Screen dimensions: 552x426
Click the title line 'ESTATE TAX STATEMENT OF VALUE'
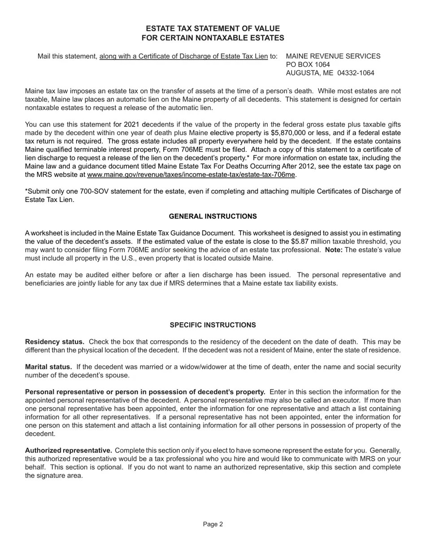213,29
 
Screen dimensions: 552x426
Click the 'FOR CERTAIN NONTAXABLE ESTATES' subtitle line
213,38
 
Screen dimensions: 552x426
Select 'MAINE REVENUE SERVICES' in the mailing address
333,56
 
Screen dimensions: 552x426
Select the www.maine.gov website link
191,175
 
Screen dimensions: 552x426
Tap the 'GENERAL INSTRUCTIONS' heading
213,216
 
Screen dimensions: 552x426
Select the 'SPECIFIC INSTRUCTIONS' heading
213,325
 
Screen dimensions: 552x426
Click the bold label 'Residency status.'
55,342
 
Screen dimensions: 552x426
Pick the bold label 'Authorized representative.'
68,451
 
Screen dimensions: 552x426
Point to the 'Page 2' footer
213,524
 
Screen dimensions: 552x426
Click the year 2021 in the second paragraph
131,124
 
